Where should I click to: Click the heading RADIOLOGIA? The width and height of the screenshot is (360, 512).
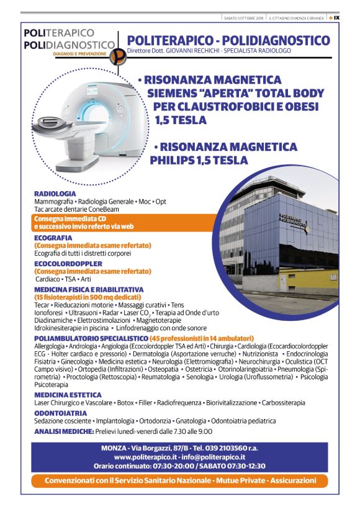coord(55,194)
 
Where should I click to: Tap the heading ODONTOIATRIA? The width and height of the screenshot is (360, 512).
coord(60,413)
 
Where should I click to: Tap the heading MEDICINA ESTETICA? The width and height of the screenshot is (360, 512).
coord(68,395)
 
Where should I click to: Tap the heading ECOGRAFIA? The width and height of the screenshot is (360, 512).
coord(53,238)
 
